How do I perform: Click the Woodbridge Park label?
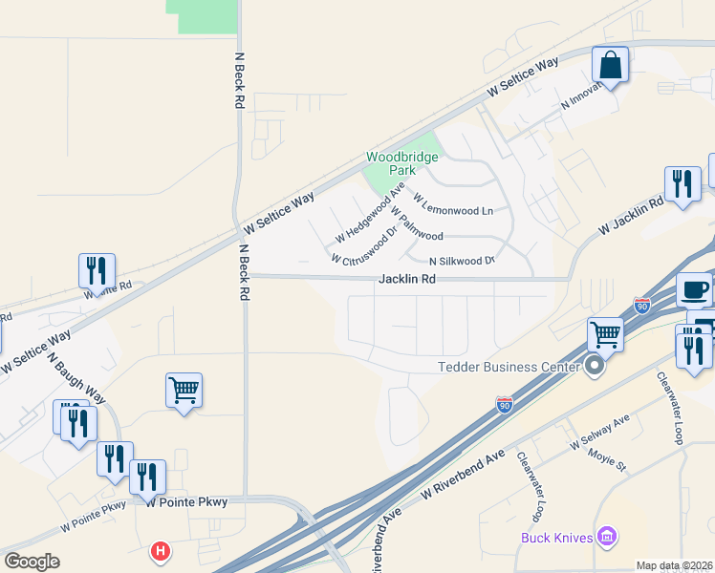[x=401, y=162]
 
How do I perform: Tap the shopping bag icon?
[x=610, y=65]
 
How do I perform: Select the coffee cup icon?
[x=695, y=288]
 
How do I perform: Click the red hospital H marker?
[x=161, y=551]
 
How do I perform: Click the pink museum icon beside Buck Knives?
[x=604, y=537]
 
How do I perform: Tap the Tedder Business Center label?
[x=509, y=367]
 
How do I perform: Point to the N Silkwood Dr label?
[x=462, y=260]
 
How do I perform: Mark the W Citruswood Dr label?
[x=364, y=245]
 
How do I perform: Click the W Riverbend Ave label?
[x=463, y=475]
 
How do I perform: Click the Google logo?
[x=32, y=561]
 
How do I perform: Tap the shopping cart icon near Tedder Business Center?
[x=605, y=334]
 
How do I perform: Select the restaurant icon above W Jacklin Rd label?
[x=682, y=184]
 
